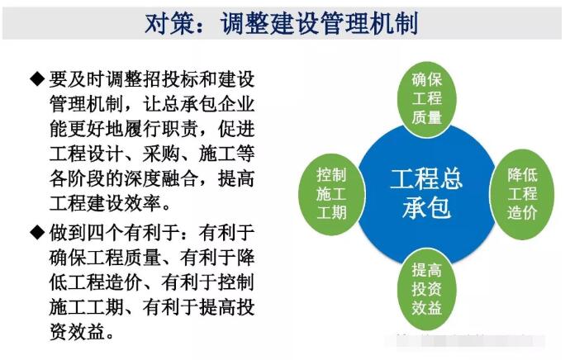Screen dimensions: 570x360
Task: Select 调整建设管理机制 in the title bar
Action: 319,24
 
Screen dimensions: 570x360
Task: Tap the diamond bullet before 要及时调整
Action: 37,79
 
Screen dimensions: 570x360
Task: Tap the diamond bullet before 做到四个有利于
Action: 37,233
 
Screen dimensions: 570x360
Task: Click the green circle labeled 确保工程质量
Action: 427,99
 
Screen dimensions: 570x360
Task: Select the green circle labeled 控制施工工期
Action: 331,194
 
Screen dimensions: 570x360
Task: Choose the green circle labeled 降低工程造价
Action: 522,194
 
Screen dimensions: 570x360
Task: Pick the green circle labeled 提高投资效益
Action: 427,289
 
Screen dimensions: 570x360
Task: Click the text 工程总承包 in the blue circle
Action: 426,193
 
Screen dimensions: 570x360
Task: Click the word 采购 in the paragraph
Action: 161,154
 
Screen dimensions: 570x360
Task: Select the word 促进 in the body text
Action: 236,129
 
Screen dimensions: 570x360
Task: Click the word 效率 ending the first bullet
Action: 142,202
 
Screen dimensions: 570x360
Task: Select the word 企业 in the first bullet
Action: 236,104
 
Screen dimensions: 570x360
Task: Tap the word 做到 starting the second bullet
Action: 68,233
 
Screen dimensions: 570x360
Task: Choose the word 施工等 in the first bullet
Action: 227,154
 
